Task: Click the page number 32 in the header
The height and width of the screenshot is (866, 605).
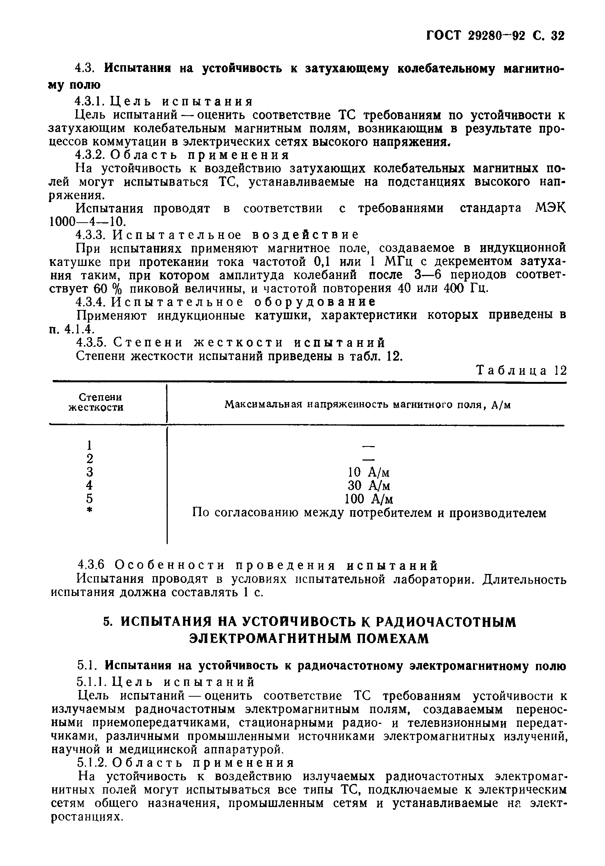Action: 557,36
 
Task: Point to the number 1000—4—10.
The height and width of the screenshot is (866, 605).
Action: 87,222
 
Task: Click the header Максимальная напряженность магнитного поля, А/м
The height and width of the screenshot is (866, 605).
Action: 368,405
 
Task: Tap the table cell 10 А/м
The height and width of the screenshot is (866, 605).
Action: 368,472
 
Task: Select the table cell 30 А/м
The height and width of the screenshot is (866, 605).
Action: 368,486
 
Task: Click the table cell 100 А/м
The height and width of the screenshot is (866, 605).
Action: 368,499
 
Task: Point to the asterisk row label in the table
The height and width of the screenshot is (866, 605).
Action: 89,511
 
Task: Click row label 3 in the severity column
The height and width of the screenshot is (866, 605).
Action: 89,472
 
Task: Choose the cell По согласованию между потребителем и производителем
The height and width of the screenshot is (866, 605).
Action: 369,513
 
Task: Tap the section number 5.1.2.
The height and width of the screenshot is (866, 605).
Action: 91,763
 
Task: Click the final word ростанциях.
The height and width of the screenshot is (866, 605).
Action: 87,816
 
